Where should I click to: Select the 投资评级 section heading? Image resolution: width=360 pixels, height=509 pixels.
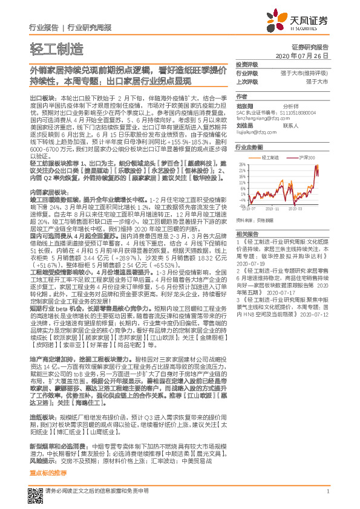[x=247, y=64]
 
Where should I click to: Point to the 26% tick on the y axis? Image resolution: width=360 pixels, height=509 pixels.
[x=241, y=164]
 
